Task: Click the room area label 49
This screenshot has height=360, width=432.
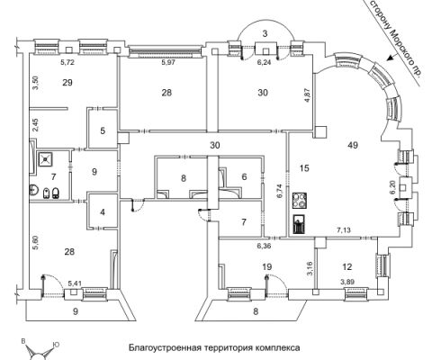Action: tap(353, 145)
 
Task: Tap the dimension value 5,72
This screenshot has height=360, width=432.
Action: tap(67, 62)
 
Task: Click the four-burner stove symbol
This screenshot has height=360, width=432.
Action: tap(300, 201)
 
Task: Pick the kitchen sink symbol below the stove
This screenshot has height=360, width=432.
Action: tap(300, 223)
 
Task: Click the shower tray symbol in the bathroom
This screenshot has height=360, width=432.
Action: tap(45, 159)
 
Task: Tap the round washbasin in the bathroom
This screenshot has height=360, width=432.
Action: tap(33, 190)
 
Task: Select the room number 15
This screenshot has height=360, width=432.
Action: tap(304, 168)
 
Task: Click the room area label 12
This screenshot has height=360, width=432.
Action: tap(347, 266)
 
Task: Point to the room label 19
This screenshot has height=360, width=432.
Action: tap(267, 266)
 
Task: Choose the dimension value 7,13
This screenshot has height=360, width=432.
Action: tap(344, 230)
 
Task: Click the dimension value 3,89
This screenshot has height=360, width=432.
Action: tap(346, 282)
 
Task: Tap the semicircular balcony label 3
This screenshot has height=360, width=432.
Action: tap(265, 33)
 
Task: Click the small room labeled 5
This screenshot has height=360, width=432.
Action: tap(103, 130)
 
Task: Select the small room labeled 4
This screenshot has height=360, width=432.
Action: tap(103, 212)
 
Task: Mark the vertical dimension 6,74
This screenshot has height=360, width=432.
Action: tap(280, 191)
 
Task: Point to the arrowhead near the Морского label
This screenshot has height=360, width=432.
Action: tap(391, 58)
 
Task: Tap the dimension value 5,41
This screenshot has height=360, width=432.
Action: tap(75, 283)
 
